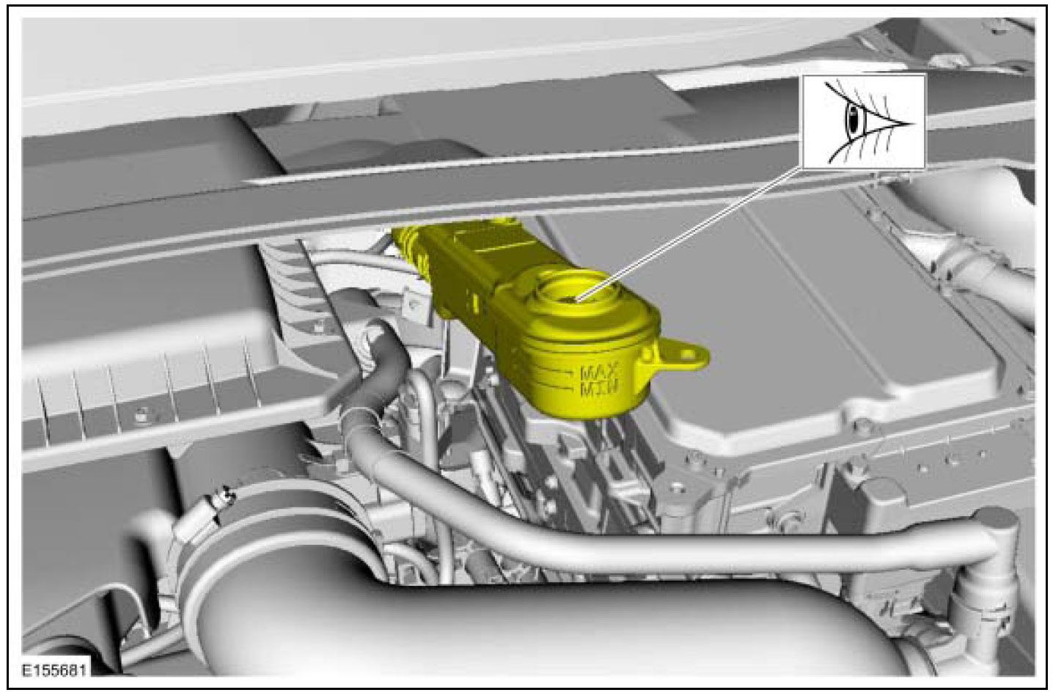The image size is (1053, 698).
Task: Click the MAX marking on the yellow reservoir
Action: pos(600,372)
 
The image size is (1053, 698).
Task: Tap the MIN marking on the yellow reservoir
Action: pos(599,388)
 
